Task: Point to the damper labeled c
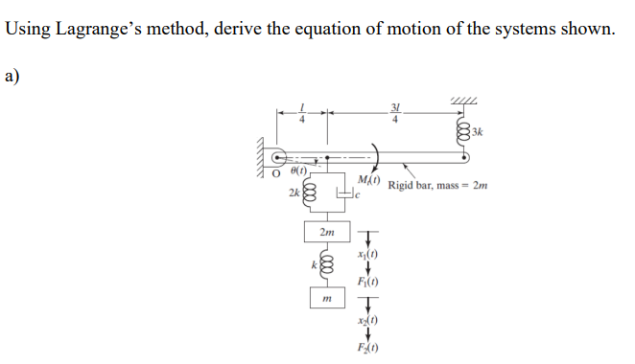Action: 343,195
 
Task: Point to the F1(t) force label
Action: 367,282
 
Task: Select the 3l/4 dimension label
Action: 395,113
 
